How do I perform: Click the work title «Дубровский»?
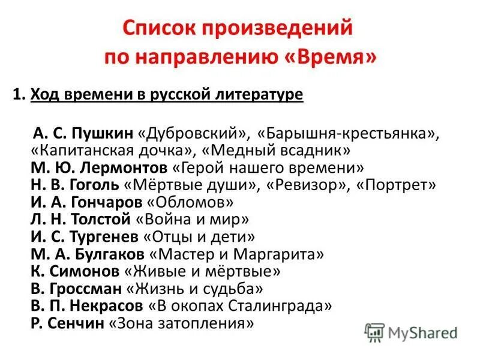point(194,133)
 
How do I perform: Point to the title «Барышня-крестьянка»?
point(346,133)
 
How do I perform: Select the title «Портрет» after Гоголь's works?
point(398,185)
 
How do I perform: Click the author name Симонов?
point(82,272)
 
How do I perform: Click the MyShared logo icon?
point(374,332)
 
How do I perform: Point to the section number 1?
point(17,95)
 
